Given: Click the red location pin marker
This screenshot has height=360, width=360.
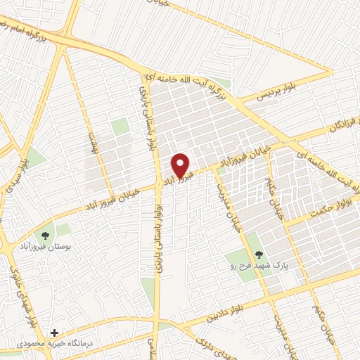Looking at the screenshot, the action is pyautogui.click(x=181, y=165).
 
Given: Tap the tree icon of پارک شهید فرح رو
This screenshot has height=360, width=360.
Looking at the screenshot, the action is pyautogui.click(x=258, y=255).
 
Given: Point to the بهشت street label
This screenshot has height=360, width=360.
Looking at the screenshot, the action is pyautogui.click(x=91, y=144).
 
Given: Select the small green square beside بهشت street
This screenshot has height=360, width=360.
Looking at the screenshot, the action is pyautogui.click(x=120, y=127).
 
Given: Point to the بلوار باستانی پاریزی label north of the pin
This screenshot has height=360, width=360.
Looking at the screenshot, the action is pyautogui.click(x=150, y=123).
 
